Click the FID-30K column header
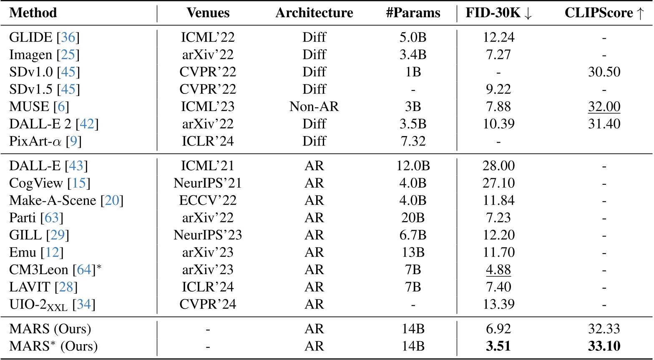[499, 13]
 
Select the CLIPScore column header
[604, 13]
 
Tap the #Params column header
[413, 13]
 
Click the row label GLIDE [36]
[44, 38]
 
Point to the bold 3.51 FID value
[498, 346]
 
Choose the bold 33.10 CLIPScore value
[604, 346]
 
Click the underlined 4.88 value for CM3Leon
[498, 269]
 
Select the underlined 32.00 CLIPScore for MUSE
[604, 106]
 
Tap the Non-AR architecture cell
[314, 106]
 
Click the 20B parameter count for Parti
[413, 218]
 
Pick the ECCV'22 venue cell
[208, 200]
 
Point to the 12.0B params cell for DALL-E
[413, 166]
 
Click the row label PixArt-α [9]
[45, 141]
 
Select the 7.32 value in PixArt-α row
[413, 141]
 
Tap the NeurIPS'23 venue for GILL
[208, 235]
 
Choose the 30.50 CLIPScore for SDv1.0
[604, 72]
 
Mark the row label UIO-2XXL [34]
[52, 305]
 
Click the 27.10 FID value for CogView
[498, 183]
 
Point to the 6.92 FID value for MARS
[498, 329]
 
